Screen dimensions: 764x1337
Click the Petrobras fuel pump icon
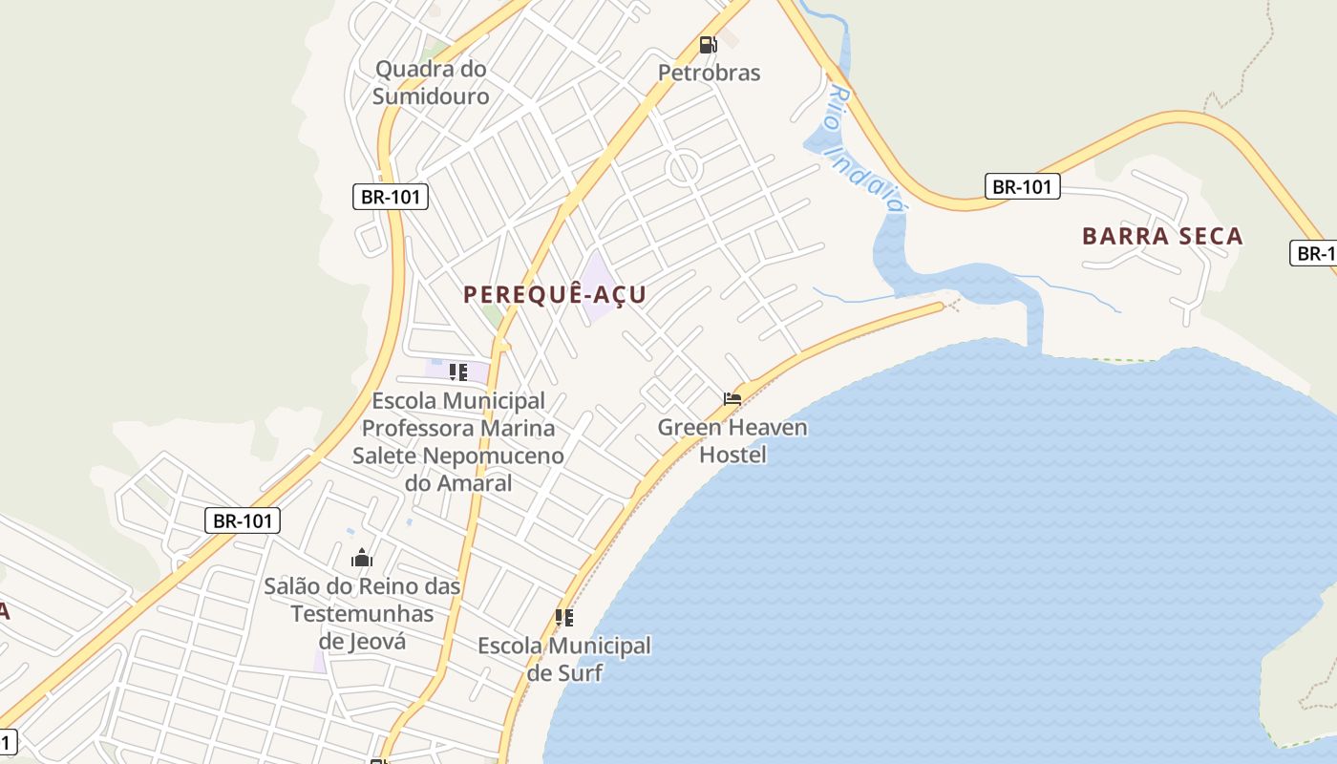(708, 44)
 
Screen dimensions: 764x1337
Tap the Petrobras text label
(709, 73)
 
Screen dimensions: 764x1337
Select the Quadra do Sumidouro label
(431, 82)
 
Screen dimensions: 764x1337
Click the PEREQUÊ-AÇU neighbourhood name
(555, 294)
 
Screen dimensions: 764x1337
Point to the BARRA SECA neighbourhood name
(1162, 236)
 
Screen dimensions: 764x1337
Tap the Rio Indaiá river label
(865, 149)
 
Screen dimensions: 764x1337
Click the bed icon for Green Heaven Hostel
(732, 399)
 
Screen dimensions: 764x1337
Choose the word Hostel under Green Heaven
(732, 454)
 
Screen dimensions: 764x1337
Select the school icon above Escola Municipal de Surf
(564, 618)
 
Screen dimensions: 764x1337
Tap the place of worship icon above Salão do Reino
(362, 558)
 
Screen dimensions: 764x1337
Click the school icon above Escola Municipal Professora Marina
(458, 371)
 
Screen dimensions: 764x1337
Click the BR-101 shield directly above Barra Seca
(1022, 186)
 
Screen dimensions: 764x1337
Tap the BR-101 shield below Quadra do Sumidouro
(390, 197)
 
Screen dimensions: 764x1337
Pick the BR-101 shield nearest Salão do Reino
(243, 520)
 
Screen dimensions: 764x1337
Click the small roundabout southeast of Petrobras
(685, 169)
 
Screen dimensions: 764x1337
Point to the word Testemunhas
(362, 613)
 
